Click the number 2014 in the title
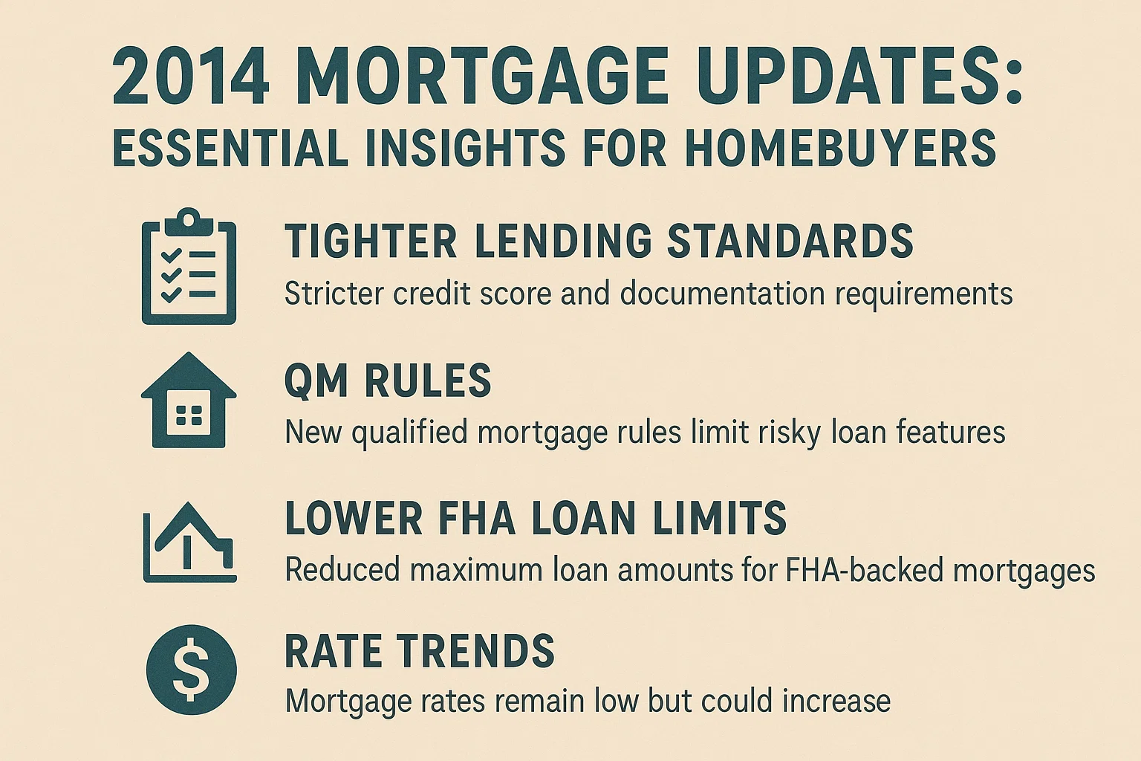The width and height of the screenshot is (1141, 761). click(x=190, y=78)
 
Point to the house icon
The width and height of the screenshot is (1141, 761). click(x=189, y=401)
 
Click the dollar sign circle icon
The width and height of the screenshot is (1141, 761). click(x=191, y=669)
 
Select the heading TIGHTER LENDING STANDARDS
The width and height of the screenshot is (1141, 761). click(x=599, y=242)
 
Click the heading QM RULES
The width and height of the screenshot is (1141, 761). click(x=388, y=381)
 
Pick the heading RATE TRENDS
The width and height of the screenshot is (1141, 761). click(x=420, y=651)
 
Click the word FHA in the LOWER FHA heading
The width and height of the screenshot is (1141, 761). click(x=476, y=518)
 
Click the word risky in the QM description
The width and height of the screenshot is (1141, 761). click(x=790, y=432)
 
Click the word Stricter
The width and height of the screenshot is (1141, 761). click(x=334, y=294)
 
